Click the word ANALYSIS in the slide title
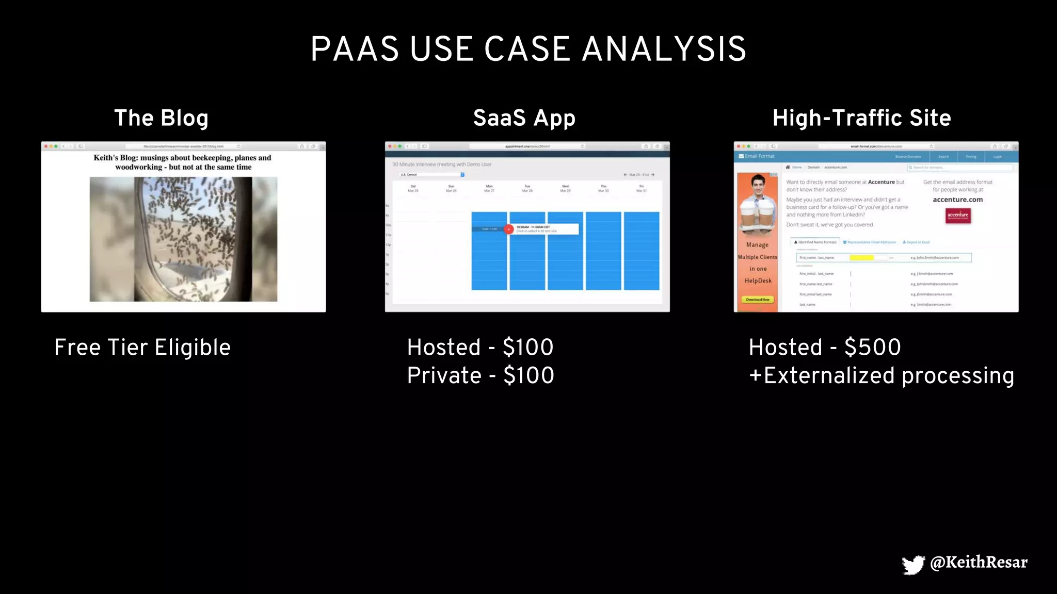(x=664, y=49)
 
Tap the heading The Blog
(x=161, y=118)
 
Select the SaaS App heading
(x=524, y=118)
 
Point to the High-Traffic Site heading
(x=861, y=118)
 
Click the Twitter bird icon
(x=913, y=564)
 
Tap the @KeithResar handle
(x=979, y=562)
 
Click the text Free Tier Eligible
(x=142, y=348)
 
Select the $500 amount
(x=873, y=347)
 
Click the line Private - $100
(x=481, y=375)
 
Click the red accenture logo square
(x=958, y=216)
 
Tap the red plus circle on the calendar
(x=509, y=229)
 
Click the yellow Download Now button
(x=758, y=300)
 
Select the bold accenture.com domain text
(x=957, y=200)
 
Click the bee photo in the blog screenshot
(x=183, y=239)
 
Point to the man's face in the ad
(x=758, y=185)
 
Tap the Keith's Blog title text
(x=183, y=162)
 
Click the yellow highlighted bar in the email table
(x=861, y=257)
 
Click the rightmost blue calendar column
(x=642, y=251)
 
